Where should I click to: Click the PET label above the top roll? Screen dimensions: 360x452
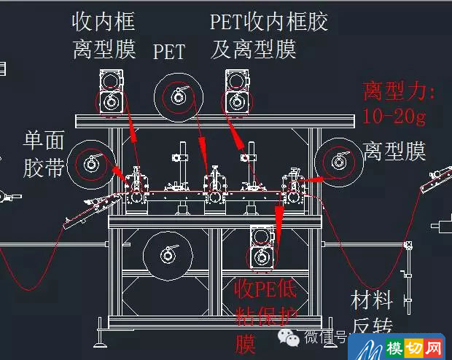click(x=169, y=52)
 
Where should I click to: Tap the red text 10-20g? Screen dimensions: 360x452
click(x=394, y=114)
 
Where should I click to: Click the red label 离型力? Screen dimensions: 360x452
click(x=399, y=92)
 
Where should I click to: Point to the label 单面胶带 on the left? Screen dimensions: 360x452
click(x=44, y=154)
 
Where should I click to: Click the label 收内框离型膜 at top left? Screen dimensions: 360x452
click(x=104, y=35)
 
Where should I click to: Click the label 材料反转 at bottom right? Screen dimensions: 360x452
click(x=373, y=311)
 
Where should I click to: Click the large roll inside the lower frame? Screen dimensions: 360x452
click(x=168, y=254)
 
